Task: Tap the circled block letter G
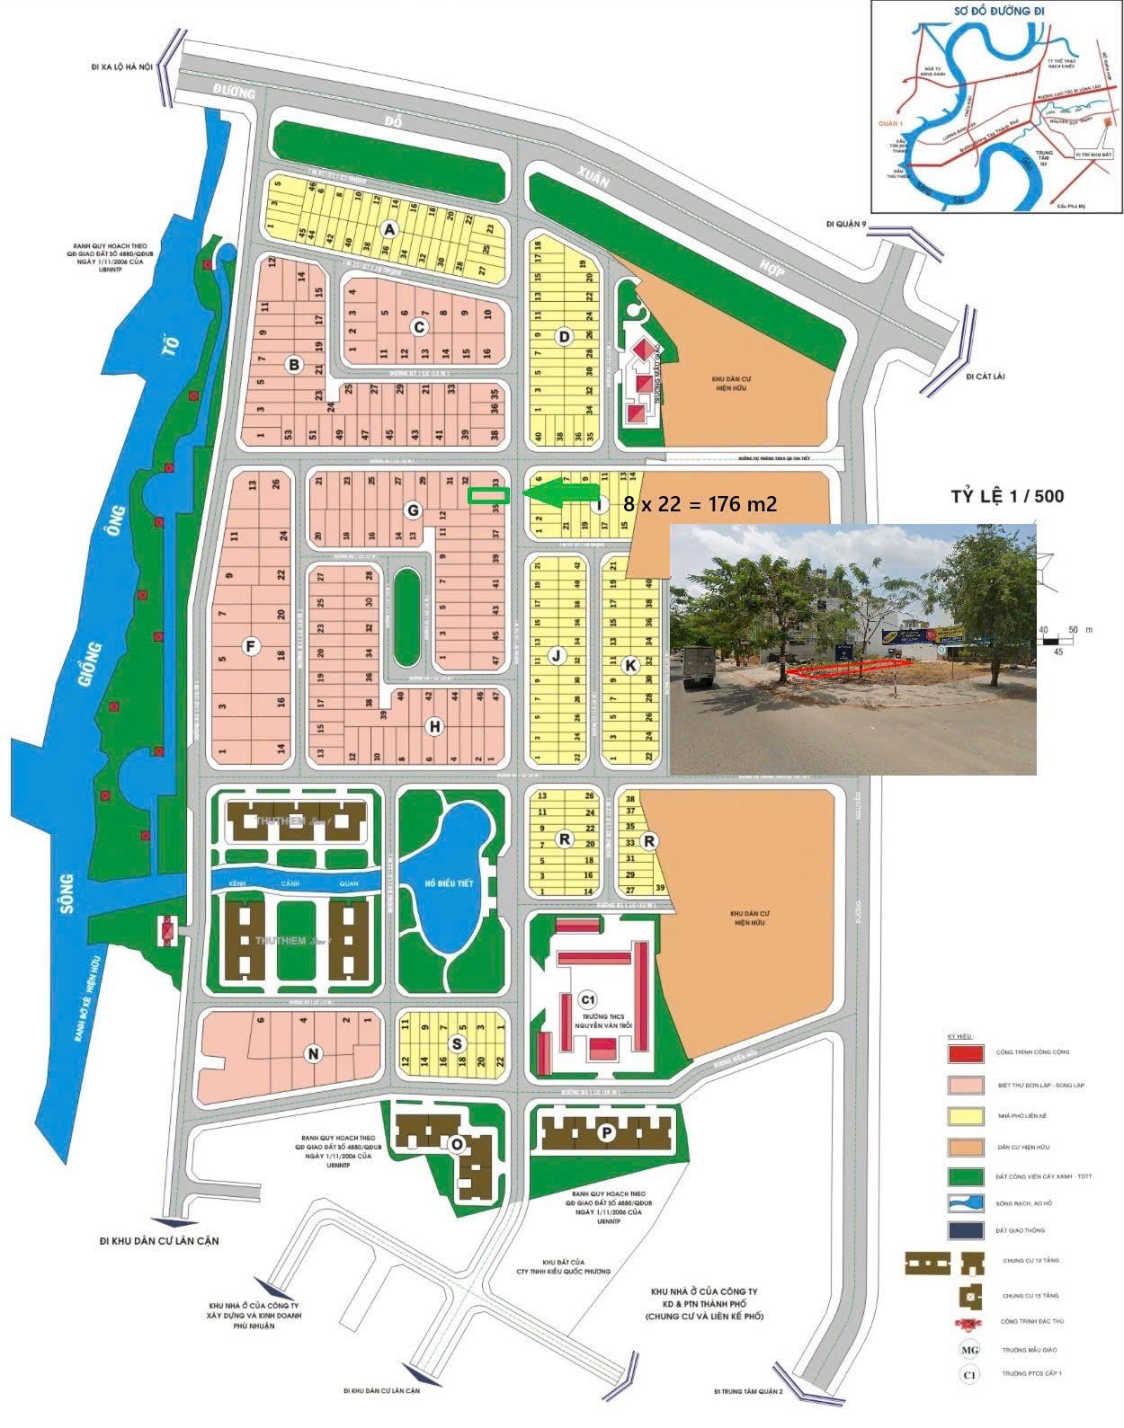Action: (x=413, y=510)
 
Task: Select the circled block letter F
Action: (x=251, y=644)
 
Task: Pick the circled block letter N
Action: (x=313, y=1054)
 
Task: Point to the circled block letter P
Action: (x=607, y=1133)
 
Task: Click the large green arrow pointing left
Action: (x=562, y=492)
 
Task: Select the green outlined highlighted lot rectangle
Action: (x=489, y=494)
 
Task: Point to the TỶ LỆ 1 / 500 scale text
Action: (x=1007, y=496)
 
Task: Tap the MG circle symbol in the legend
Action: (x=969, y=1349)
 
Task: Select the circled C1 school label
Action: (x=588, y=999)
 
